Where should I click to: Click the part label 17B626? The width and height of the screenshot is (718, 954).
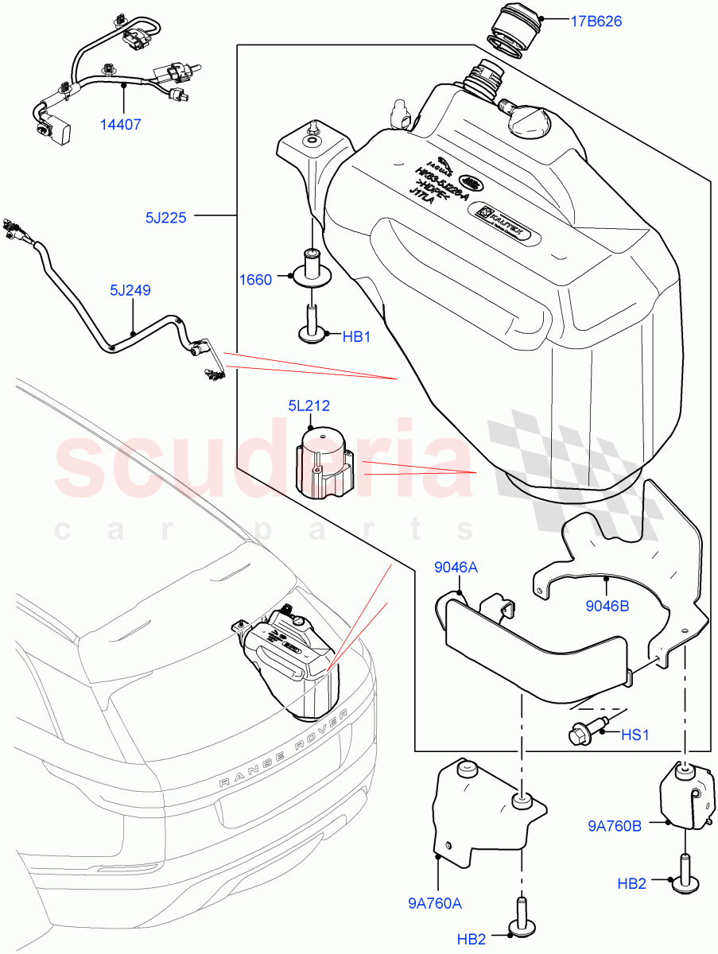pyautogui.click(x=596, y=21)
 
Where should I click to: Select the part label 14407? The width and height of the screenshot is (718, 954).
pyautogui.click(x=121, y=125)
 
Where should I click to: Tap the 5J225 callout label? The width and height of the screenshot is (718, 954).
pyautogui.click(x=165, y=217)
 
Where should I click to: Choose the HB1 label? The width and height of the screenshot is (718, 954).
pyautogui.click(x=357, y=336)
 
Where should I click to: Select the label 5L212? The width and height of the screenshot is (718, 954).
pyautogui.click(x=309, y=406)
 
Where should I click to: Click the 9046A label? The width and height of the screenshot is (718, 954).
pyautogui.click(x=456, y=567)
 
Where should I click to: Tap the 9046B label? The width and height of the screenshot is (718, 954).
pyautogui.click(x=608, y=605)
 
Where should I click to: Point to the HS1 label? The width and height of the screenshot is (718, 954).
pyautogui.click(x=635, y=735)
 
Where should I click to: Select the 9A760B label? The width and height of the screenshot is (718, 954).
pyautogui.click(x=615, y=827)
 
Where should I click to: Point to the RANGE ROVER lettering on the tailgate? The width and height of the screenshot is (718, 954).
pyautogui.click(x=284, y=747)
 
